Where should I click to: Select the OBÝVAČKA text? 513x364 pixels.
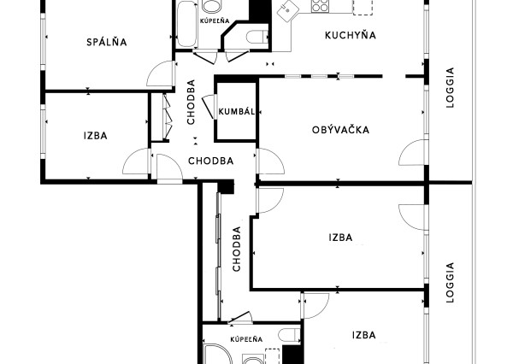(340, 130)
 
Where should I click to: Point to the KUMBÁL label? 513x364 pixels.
(235, 112)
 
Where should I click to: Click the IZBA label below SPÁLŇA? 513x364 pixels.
(95, 135)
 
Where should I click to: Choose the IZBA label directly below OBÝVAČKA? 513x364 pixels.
(339, 238)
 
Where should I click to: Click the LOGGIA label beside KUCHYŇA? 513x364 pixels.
(450, 85)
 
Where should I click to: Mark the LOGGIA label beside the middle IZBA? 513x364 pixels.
(450, 281)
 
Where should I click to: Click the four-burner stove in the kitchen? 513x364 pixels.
(321, 7)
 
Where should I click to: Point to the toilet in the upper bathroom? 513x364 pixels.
(256, 37)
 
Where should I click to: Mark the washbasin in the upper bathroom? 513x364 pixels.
(211, 5)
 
